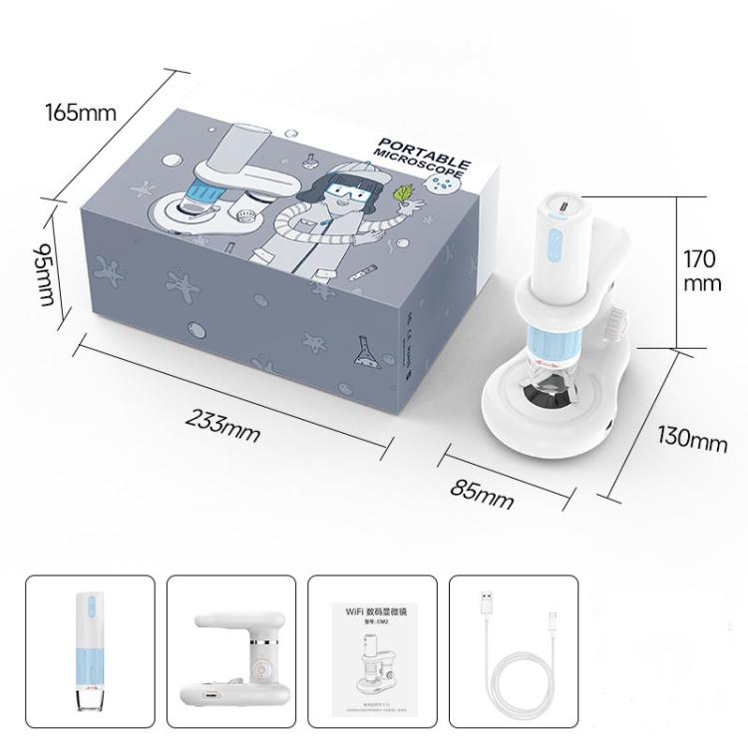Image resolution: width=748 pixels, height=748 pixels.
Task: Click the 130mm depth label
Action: tap(692, 438)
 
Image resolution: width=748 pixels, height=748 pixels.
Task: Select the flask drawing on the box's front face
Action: tap(366, 350)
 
